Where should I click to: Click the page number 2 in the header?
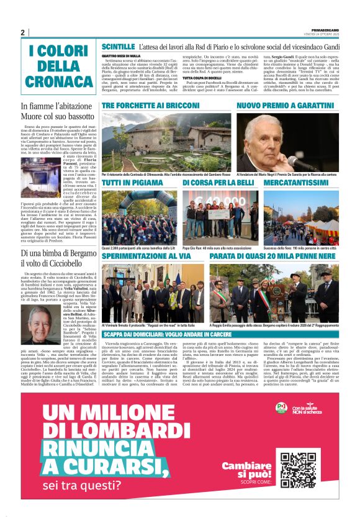(22, 33)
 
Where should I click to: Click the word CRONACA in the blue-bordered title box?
(59, 81)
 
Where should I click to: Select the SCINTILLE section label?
(118, 47)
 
